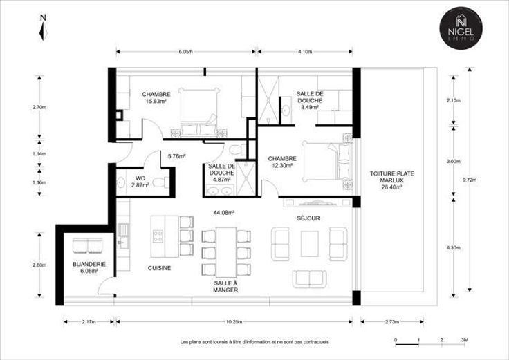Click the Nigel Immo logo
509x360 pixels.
[x=461, y=28]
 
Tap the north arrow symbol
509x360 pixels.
[x=43, y=28]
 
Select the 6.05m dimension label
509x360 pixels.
[x=185, y=52]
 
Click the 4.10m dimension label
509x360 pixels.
[x=305, y=52]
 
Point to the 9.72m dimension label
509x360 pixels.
[x=470, y=180]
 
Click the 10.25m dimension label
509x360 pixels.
[x=234, y=322]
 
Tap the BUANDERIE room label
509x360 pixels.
[x=89, y=265]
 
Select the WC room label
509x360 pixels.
[x=140, y=178]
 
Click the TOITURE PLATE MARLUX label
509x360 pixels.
[x=392, y=177]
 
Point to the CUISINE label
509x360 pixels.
[x=159, y=268]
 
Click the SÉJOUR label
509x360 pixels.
[x=308, y=218]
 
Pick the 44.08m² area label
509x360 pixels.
[x=224, y=213]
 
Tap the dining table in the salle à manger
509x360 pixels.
[x=226, y=252]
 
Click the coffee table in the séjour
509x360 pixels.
[x=309, y=244]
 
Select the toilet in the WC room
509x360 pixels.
[x=160, y=182]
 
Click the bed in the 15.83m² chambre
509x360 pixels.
[x=198, y=112]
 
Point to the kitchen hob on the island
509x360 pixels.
[x=158, y=236]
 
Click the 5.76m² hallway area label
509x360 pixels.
[x=176, y=156]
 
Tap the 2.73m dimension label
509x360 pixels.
[x=392, y=322]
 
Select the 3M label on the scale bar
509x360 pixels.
[x=465, y=340]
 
